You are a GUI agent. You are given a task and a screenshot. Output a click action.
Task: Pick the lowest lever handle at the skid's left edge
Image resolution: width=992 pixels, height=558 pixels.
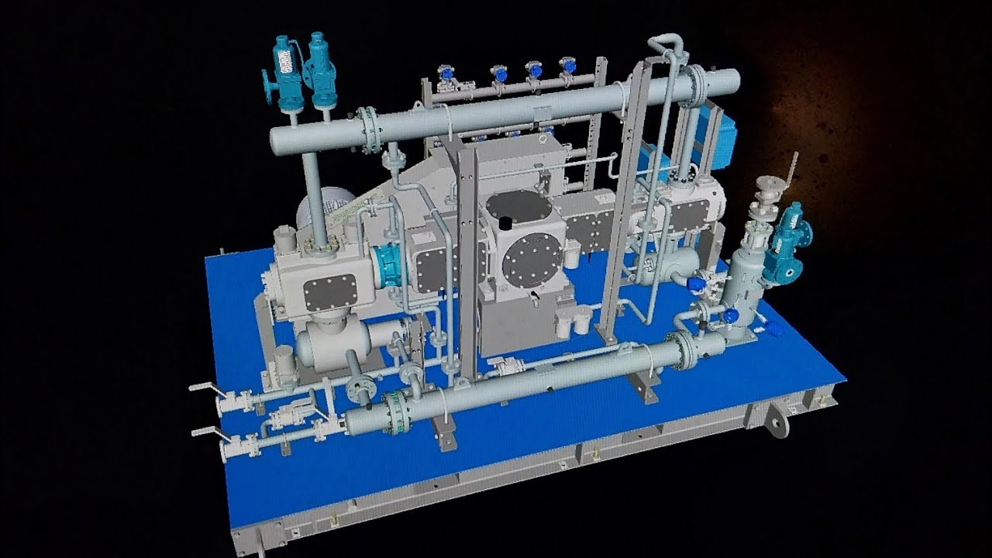(203, 431)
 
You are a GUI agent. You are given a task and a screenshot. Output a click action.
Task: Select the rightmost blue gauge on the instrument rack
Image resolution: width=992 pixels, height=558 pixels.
(568, 65)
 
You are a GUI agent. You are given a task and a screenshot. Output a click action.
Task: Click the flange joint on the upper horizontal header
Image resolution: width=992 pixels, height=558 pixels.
(370, 129)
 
